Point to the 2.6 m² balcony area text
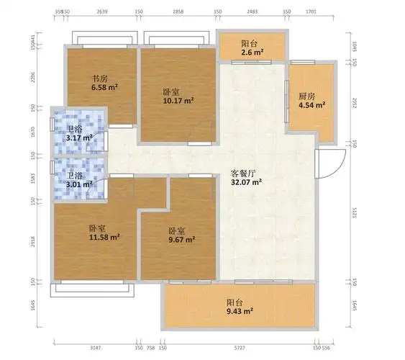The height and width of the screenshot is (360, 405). (x=251, y=53)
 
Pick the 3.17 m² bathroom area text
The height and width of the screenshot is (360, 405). (x=79, y=138)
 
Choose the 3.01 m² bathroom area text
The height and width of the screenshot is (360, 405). (x=79, y=184)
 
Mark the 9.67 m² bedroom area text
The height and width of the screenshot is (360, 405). (x=181, y=240)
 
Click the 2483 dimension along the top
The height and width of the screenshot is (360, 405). (x=252, y=12)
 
